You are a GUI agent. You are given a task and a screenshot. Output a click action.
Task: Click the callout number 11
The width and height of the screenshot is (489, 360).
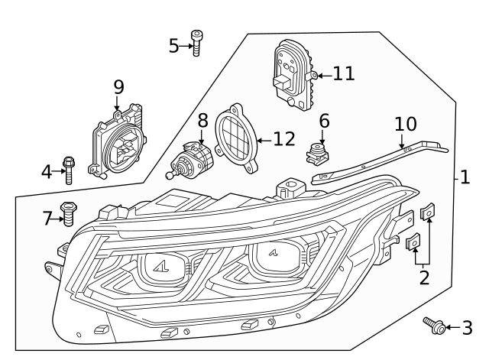point(344,73)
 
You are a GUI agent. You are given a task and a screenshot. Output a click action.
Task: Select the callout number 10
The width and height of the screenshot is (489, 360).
point(406,124)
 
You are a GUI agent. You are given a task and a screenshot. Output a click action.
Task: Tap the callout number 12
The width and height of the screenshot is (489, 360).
point(284,139)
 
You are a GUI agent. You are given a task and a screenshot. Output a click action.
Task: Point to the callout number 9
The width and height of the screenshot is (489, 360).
point(118,87)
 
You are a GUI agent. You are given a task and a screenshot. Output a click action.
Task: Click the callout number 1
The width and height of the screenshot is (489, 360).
point(465,177)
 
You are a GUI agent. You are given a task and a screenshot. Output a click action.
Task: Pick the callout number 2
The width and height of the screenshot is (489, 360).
point(423,276)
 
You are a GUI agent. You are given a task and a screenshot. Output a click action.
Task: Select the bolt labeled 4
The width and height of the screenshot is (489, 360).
point(69,170)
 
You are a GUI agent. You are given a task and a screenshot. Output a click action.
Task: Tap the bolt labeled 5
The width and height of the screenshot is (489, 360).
point(197,43)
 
